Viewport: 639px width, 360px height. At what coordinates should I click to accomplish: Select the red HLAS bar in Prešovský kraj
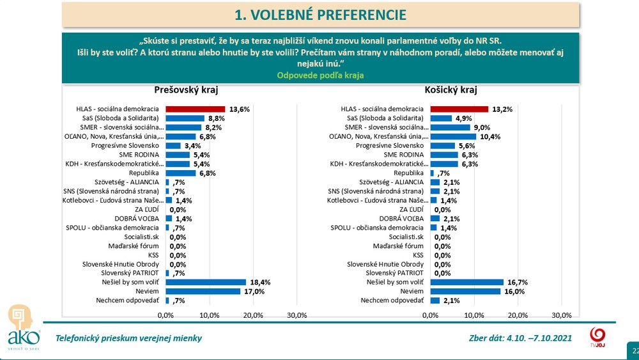pyautogui.click(x=196, y=109)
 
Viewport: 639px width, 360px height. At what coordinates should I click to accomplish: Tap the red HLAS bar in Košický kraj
pyautogui.click(x=459, y=109)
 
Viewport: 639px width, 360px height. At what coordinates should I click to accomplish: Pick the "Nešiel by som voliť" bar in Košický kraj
pyautogui.click(x=466, y=282)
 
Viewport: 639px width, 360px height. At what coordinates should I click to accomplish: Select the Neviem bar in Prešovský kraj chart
pyautogui.click(x=203, y=291)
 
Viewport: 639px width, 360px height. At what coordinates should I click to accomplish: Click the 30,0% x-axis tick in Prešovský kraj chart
pyautogui.click(x=297, y=315)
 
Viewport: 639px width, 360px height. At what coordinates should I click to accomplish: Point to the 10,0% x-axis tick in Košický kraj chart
pyautogui.click(x=474, y=315)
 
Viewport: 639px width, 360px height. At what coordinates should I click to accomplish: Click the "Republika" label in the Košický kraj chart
pyautogui.click(x=409, y=173)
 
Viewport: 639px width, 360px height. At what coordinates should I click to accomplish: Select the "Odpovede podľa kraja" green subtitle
pyautogui.click(x=320, y=75)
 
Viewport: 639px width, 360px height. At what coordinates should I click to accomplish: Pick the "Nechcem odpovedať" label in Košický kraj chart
pyautogui.click(x=392, y=300)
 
